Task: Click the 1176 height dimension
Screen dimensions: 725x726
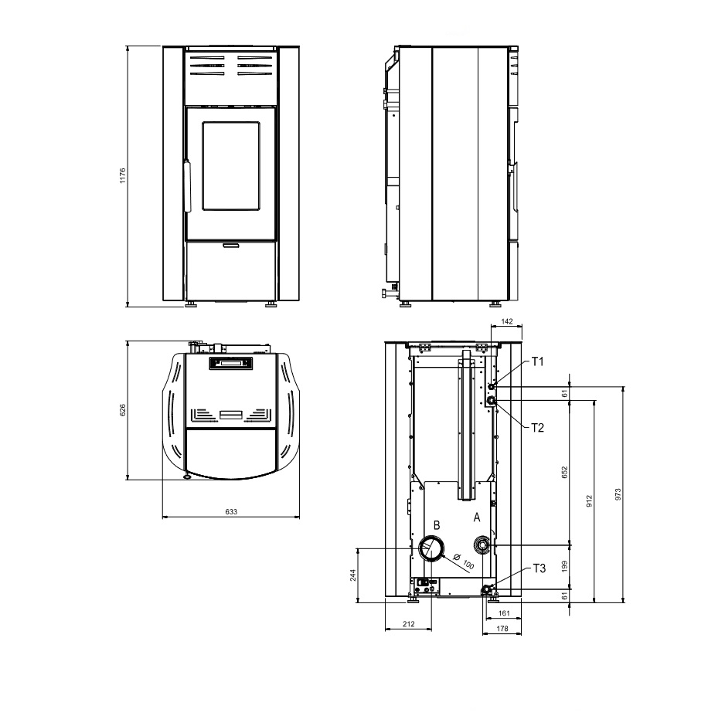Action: pos(123,175)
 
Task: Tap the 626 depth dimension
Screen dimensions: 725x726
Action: pos(123,410)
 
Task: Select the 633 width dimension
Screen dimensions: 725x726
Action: pos(231,511)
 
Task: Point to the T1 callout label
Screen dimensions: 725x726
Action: pos(537,361)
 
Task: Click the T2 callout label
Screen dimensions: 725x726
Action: pos(537,428)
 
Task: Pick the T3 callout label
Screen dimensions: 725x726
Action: pos(539,568)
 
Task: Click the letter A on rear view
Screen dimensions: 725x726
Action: pos(477,517)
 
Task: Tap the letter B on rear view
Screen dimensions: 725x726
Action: pos(437,525)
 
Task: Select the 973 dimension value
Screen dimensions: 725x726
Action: pos(618,494)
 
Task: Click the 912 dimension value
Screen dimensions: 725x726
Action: pos(589,501)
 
